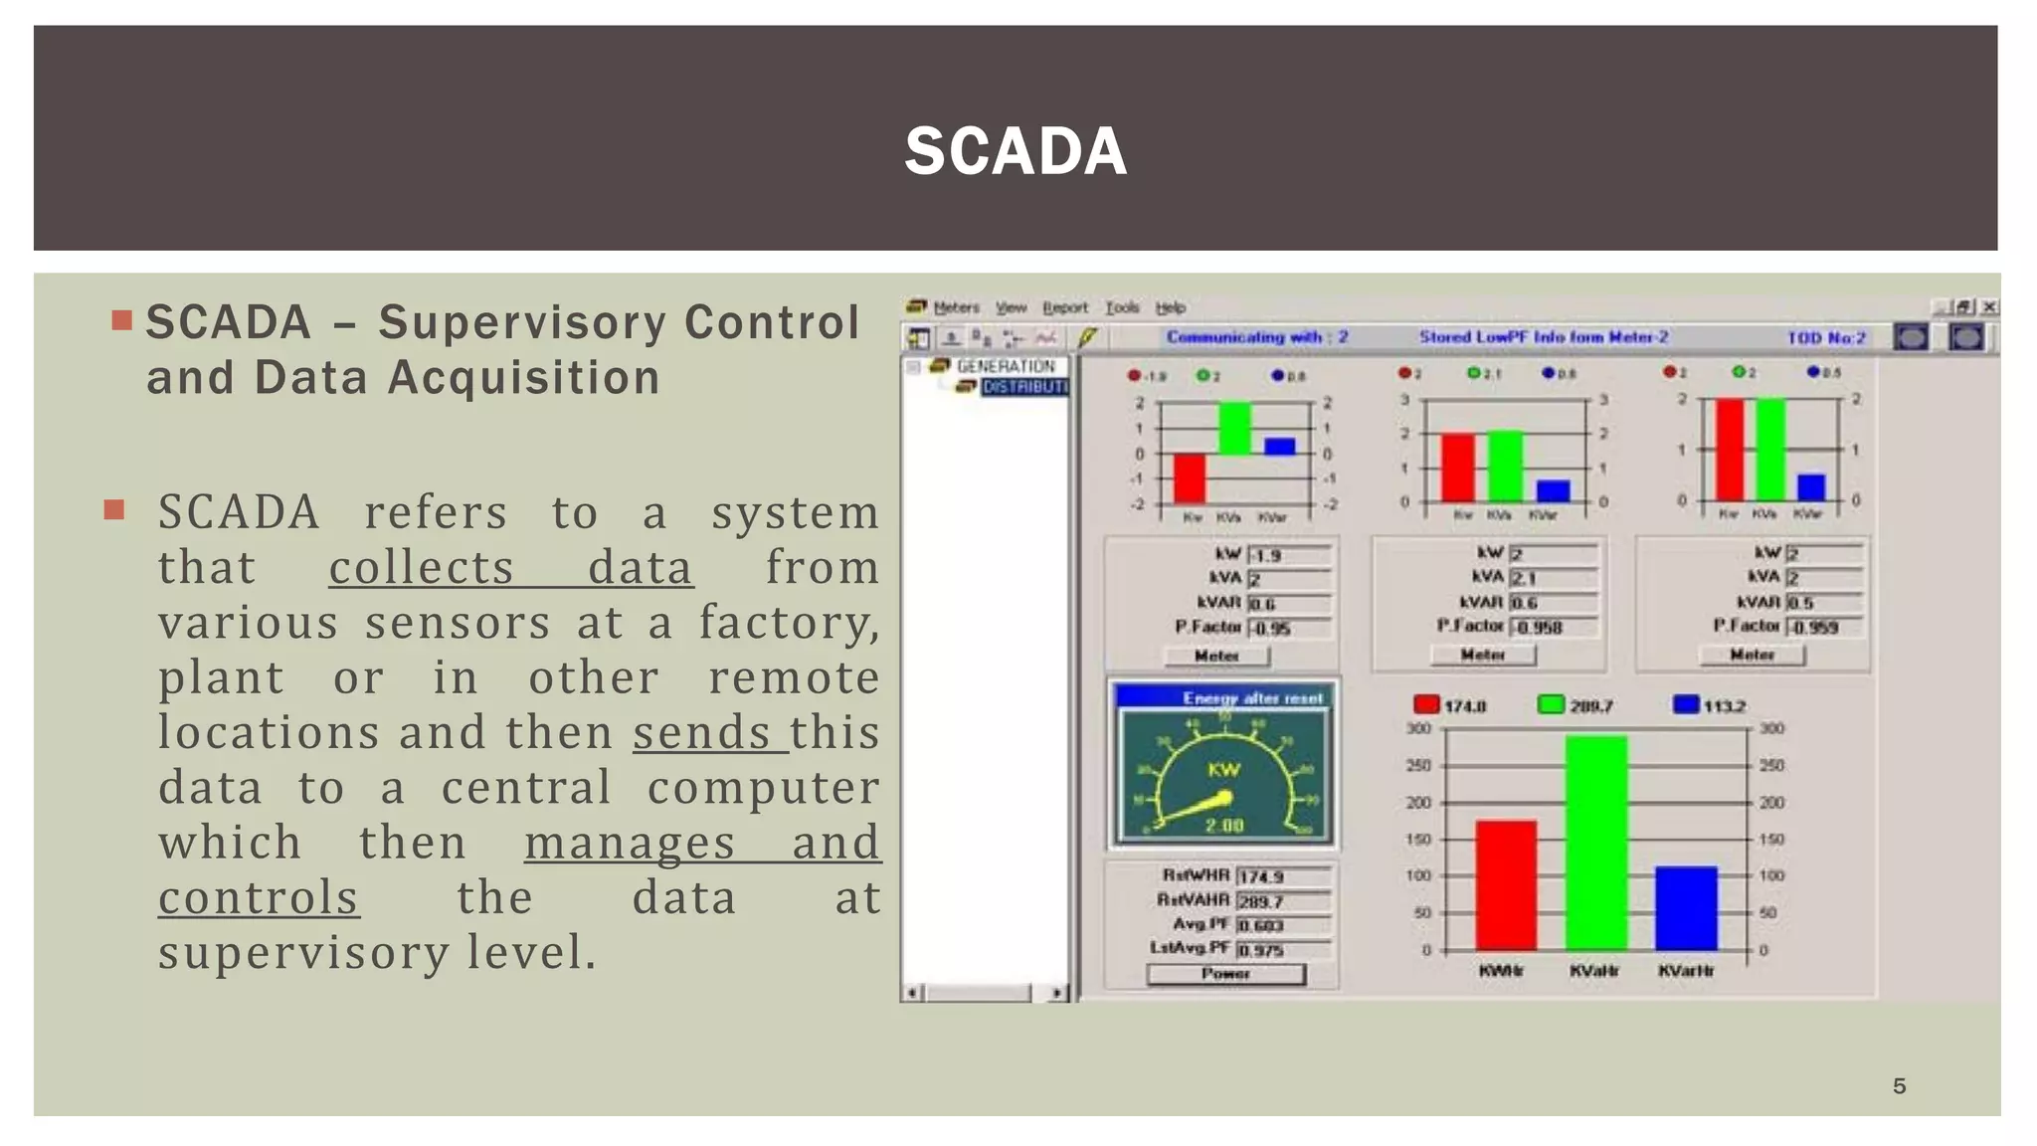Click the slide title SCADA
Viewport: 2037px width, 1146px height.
click(1016, 151)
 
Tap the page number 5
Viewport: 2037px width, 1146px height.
click(1899, 1086)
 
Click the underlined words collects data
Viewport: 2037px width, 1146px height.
click(510, 569)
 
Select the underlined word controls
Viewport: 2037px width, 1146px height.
click(259, 898)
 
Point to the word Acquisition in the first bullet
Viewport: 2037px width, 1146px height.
click(523, 378)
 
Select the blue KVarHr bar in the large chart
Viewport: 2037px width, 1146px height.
click(1686, 907)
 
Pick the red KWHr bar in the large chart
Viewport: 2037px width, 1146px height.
click(1506, 884)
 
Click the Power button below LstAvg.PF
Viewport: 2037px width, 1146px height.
click(1225, 974)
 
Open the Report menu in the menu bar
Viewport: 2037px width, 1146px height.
click(1064, 307)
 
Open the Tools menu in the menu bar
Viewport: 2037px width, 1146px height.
click(1122, 307)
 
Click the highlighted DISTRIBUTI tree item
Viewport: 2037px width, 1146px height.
click(1024, 387)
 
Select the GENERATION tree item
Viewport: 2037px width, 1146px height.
click(1005, 366)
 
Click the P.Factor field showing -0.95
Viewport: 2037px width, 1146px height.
click(1289, 629)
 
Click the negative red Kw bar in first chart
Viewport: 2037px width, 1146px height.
click(1189, 478)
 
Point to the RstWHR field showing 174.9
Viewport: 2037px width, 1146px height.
click(1283, 876)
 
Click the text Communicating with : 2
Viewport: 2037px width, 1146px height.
click(1257, 337)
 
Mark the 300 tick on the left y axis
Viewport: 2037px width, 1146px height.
click(1419, 728)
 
